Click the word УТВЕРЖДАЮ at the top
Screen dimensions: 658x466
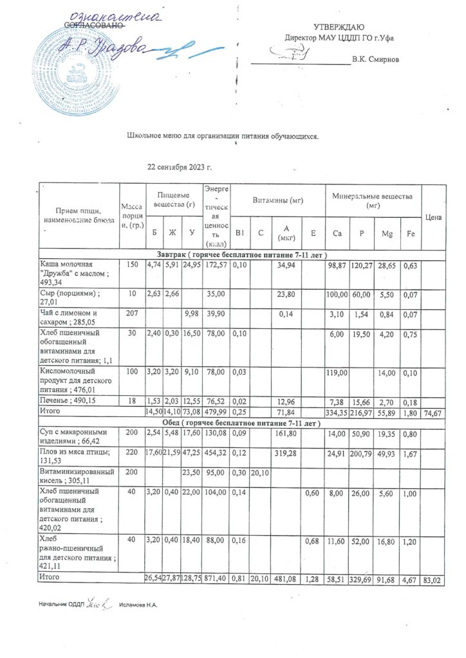[339, 27]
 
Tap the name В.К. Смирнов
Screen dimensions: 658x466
[375, 60]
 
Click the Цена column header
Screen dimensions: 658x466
[434, 217]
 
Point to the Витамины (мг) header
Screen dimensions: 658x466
[277, 201]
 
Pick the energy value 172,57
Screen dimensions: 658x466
[216, 265]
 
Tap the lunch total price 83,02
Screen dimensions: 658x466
[434, 580]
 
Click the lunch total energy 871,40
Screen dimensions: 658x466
[216, 580]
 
